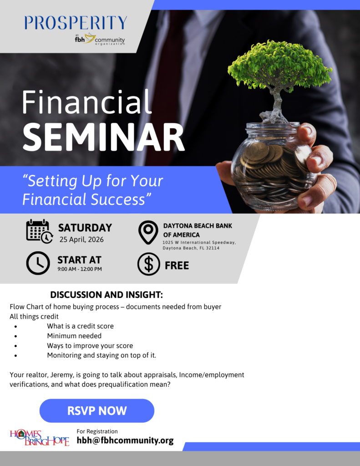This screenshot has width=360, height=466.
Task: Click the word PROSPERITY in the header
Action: click(76, 23)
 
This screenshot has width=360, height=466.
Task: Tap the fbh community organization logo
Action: click(100, 40)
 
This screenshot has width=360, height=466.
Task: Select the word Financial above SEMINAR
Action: click(87, 102)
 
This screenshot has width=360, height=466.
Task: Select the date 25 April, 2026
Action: click(81, 239)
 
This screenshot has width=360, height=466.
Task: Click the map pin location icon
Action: click(148, 232)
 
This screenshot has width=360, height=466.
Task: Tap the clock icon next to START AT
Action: click(38, 263)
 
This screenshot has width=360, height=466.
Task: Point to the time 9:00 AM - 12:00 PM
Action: click(80, 269)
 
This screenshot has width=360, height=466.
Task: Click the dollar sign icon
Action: click(149, 264)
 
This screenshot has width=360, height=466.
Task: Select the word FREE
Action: click(177, 265)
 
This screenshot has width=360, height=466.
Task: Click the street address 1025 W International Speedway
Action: click(199, 243)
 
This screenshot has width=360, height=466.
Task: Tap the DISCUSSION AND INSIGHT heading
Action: click(106, 294)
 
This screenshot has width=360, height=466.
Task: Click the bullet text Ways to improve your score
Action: click(90, 345)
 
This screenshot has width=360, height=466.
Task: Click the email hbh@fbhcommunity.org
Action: click(125, 441)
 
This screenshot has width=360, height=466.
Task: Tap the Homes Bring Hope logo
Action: click(40, 437)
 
